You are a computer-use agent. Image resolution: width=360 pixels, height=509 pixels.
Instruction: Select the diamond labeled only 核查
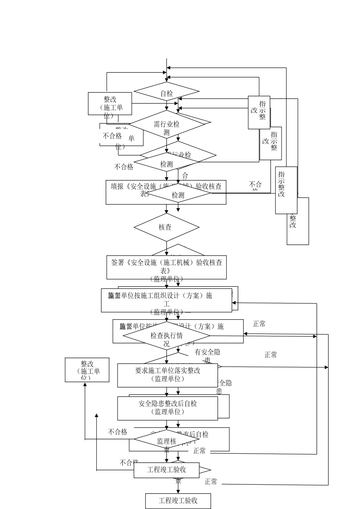[166, 227]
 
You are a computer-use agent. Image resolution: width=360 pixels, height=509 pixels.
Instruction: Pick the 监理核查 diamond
[166, 441]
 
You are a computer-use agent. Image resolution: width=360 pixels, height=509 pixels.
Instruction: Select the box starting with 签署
[166, 267]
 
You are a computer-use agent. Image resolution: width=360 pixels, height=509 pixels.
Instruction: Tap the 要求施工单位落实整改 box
[167, 375]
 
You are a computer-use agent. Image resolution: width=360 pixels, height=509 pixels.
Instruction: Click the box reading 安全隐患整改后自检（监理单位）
[167, 408]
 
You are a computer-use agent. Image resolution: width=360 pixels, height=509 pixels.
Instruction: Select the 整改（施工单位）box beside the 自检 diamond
[110, 103]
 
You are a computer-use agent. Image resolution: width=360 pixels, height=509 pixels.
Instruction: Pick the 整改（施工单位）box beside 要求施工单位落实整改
[87, 370]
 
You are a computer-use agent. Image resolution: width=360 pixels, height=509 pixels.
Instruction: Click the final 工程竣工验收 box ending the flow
[178, 501]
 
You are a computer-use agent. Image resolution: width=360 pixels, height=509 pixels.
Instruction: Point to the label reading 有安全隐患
[207, 352]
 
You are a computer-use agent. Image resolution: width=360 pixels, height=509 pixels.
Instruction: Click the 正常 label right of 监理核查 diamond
[199, 451]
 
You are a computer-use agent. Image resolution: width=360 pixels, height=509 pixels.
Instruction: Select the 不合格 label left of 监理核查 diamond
[117, 432]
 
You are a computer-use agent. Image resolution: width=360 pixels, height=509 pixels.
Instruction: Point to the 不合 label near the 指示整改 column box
[255, 184]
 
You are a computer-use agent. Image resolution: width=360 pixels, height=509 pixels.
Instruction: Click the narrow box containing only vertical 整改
[298, 221]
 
